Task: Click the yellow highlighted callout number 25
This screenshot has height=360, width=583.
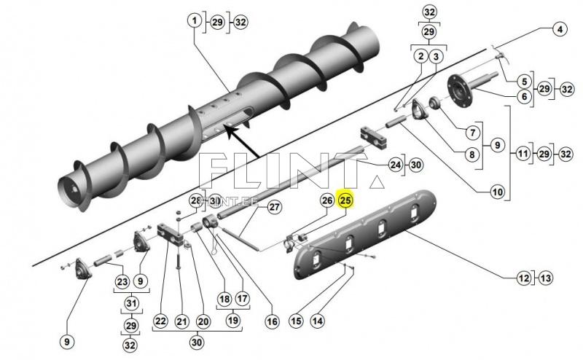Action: point(345,200)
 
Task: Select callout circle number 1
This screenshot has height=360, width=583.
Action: point(195,22)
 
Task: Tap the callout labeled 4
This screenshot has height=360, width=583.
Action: point(559,30)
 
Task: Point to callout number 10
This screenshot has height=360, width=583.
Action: point(498,193)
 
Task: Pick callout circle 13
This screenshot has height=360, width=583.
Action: point(546,278)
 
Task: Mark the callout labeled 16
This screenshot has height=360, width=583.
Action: point(272,321)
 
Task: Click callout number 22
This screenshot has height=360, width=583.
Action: point(160,321)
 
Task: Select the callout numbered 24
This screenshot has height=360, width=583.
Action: point(394,165)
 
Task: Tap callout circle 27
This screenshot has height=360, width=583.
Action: point(274,208)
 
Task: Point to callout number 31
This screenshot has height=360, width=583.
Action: point(131,303)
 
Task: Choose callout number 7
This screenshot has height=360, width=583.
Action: point(472,133)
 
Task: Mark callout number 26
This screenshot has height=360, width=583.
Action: point(327,200)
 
